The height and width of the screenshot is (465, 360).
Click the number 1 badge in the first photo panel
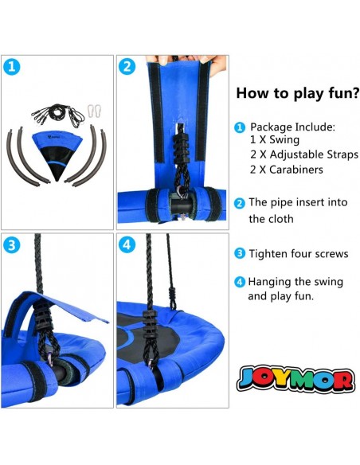12,67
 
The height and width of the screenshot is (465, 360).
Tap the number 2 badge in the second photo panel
127,67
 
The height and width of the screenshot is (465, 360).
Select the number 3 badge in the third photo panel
12,245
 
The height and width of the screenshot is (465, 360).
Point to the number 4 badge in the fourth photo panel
127,245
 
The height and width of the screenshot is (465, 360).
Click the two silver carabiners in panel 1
94,111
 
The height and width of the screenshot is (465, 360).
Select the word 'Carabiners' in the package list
296,170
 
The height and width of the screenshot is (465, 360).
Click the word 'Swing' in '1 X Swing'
284,140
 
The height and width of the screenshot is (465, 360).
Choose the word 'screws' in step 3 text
331,254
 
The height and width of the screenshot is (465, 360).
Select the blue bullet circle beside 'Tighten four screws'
240,254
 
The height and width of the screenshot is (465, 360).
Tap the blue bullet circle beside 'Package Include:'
240,128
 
